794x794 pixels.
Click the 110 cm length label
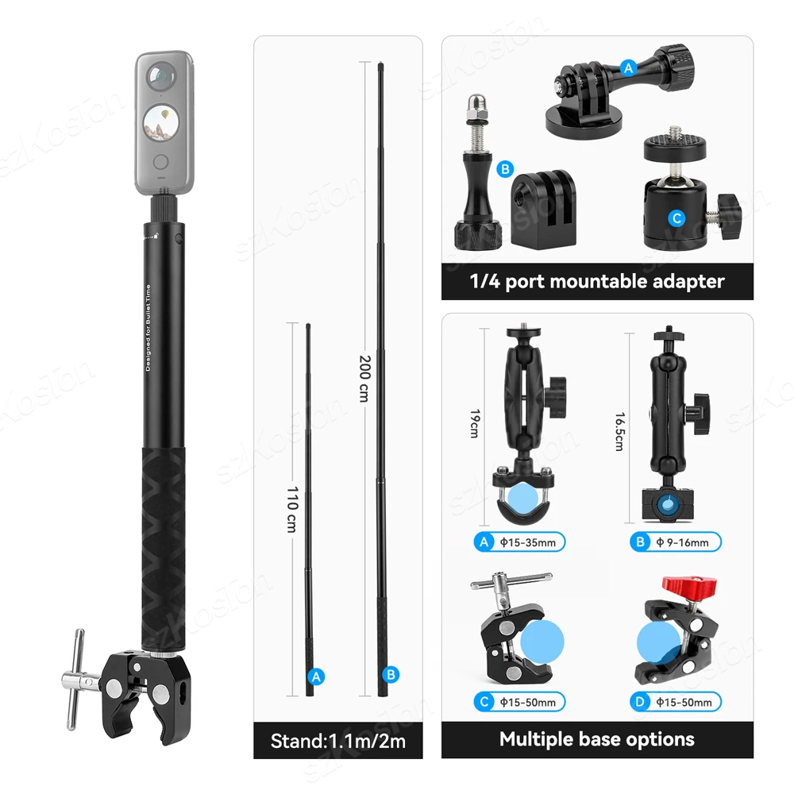click(x=291, y=511)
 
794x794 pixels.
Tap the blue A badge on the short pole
click(x=316, y=676)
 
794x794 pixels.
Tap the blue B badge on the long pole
click(x=390, y=675)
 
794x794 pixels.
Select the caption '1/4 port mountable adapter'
click(x=597, y=280)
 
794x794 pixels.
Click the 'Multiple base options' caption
click(x=597, y=739)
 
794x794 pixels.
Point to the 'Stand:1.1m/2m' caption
click(x=338, y=742)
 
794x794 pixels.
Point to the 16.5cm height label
click(x=618, y=432)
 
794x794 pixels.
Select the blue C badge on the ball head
click(x=676, y=218)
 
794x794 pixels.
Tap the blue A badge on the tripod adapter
click(x=629, y=68)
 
